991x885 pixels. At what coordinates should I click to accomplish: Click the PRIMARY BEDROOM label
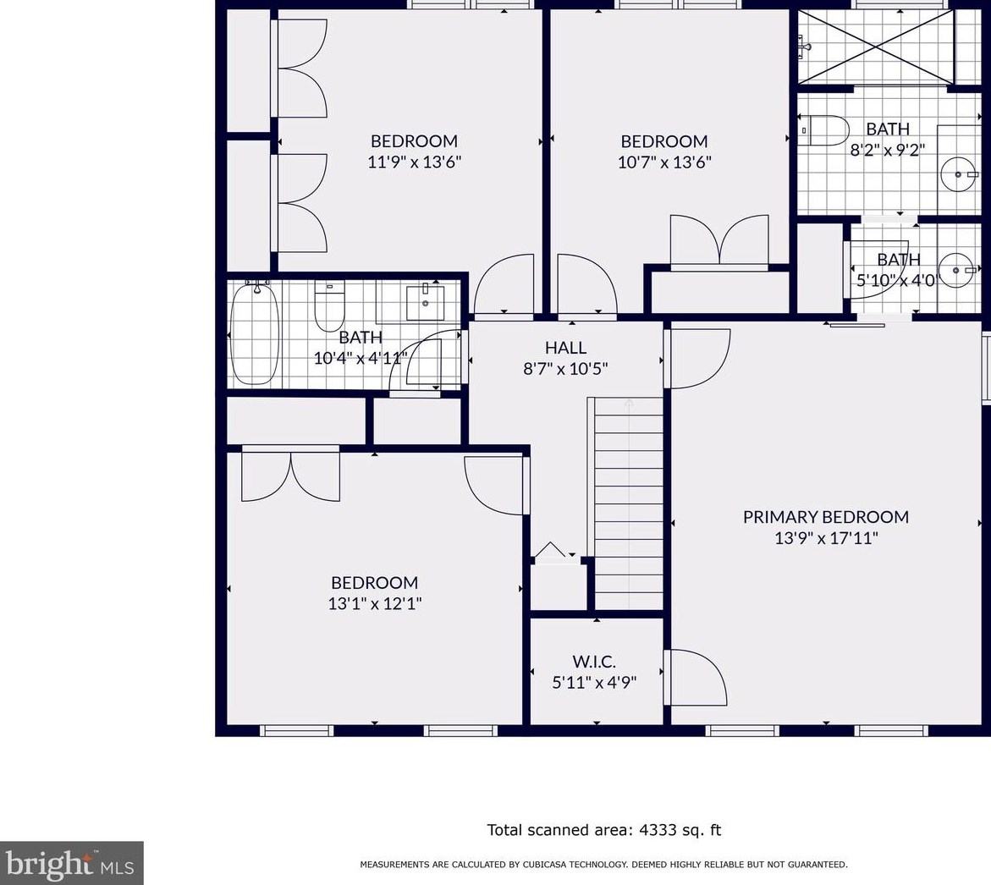click(825, 517)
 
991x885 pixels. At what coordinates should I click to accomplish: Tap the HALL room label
click(565, 348)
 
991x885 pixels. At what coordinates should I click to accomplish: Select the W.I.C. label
click(594, 662)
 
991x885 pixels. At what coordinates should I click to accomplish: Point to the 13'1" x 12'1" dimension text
click(375, 603)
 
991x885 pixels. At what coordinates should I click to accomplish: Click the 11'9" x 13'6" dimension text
click(414, 162)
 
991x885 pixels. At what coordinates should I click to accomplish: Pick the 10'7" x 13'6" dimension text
click(664, 162)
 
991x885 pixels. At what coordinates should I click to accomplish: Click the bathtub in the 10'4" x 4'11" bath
click(255, 333)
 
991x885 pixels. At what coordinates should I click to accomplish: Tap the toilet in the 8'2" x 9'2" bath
click(823, 130)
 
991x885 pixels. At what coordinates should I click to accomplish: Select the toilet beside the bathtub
click(329, 306)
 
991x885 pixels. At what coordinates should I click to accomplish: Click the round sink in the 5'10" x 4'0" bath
click(956, 271)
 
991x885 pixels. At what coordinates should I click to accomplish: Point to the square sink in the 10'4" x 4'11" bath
click(425, 303)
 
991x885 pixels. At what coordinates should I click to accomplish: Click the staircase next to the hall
click(625, 503)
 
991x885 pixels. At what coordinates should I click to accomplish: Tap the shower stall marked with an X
click(875, 47)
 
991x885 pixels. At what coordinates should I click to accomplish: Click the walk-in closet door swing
click(695, 677)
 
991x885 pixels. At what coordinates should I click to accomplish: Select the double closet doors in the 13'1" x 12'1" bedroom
click(291, 473)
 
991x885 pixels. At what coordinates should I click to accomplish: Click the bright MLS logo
click(71, 863)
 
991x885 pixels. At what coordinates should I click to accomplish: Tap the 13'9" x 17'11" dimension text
click(826, 538)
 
